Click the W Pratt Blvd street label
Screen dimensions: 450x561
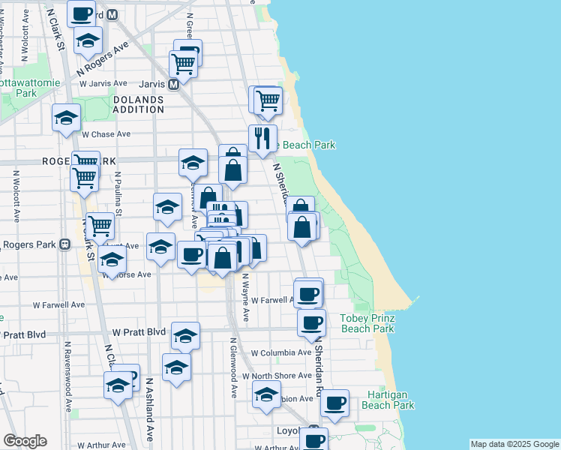(139, 331)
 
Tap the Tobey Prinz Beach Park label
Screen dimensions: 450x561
(367, 323)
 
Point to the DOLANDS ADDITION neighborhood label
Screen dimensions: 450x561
(139, 104)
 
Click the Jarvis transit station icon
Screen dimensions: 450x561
(173, 85)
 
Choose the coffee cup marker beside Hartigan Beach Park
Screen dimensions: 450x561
(335, 403)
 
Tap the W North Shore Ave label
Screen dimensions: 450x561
(280, 376)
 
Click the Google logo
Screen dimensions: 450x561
(25, 441)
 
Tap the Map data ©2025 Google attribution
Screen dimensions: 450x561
(514, 444)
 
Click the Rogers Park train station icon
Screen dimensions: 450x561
(65, 244)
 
